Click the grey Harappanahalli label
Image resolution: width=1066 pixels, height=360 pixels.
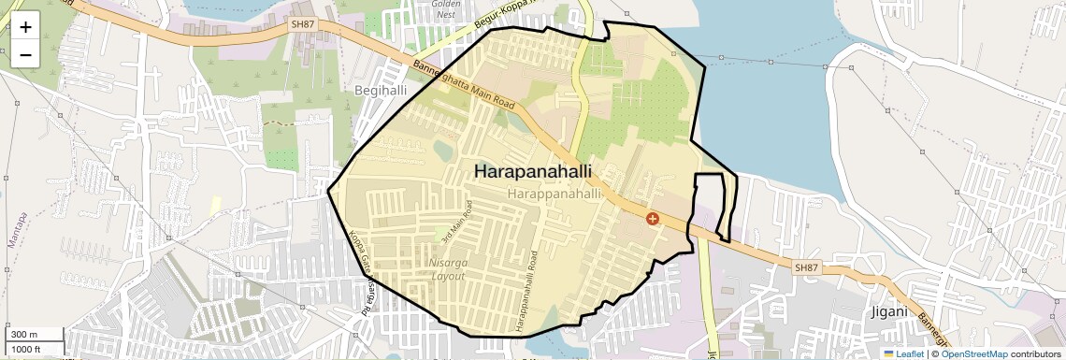pos(555,193)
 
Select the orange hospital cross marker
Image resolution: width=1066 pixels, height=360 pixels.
pos(653,218)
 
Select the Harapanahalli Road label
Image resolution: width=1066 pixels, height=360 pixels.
pos(532,290)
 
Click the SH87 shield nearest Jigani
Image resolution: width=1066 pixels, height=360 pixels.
pos(806,267)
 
